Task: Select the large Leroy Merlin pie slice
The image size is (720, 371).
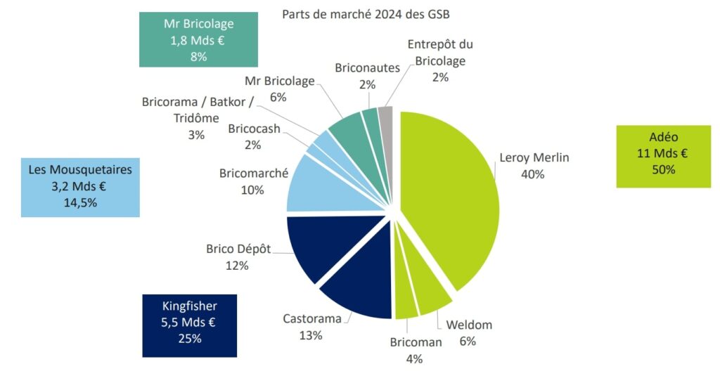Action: click(x=450, y=197)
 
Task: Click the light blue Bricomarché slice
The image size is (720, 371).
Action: click(x=316, y=186)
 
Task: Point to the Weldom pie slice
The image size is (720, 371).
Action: click(x=430, y=294)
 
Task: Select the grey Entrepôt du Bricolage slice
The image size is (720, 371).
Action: click(x=385, y=115)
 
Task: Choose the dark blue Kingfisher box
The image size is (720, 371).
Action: click(x=190, y=325)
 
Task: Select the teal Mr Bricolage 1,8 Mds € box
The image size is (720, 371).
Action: click(x=198, y=41)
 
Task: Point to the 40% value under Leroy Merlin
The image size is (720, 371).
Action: click(x=532, y=173)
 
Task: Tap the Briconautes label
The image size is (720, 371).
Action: click(x=367, y=68)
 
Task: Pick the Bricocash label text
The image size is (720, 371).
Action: click(x=254, y=129)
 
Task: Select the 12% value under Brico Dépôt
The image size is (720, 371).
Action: click(x=237, y=265)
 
